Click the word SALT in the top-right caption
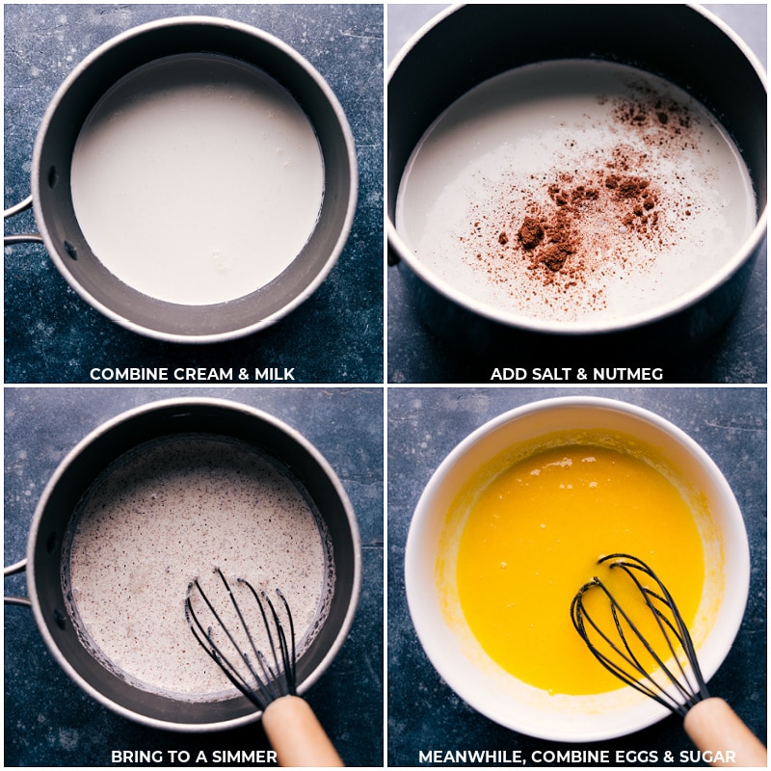548,374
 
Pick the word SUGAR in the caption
708,757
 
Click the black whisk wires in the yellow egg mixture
626,617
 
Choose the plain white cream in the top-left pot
193,183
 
